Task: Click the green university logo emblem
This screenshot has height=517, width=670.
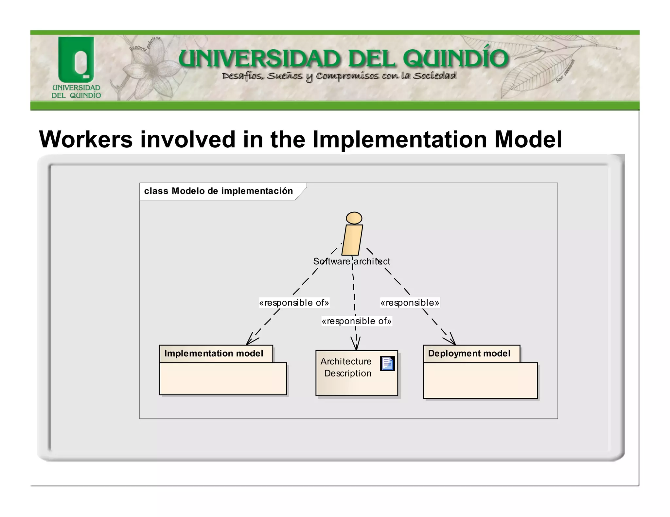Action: [x=76, y=59]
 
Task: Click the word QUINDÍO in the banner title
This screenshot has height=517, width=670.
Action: [x=455, y=59]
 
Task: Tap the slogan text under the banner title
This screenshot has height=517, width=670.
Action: [x=339, y=76]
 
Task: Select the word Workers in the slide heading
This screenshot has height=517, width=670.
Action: [x=86, y=140]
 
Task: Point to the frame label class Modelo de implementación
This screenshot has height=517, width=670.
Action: [x=218, y=191]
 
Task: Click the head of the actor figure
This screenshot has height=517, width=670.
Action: [x=354, y=218]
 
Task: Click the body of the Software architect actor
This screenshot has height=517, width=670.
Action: [x=352, y=240]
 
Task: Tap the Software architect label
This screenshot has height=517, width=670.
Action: [x=351, y=261]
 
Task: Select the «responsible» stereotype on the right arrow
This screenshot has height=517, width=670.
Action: [x=410, y=303]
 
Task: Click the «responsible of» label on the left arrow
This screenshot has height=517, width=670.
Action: [x=294, y=303]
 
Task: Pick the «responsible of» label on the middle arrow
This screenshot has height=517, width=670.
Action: [x=356, y=321]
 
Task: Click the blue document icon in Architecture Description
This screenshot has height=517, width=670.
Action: [x=387, y=364]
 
